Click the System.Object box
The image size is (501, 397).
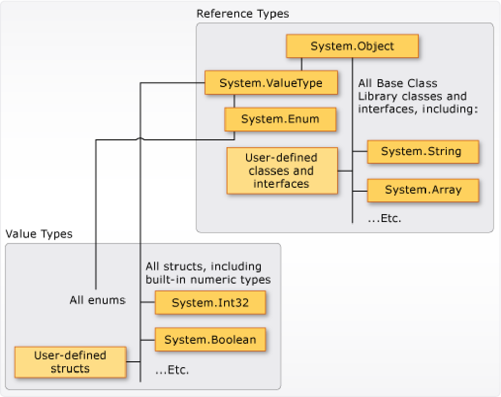(x=352, y=46)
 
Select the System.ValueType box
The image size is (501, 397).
(x=271, y=83)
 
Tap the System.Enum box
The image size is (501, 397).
(x=280, y=119)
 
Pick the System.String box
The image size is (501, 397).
(x=423, y=151)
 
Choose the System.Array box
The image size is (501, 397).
(x=423, y=189)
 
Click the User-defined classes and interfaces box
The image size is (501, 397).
(x=282, y=171)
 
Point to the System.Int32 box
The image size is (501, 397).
(x=210, y=303)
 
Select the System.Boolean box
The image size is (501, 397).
(x=210, y=339)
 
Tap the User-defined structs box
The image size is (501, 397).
(x=70, y=362)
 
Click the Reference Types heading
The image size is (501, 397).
(x=243, y=14)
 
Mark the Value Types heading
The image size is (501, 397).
(x=39, y=234)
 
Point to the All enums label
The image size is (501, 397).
(x=97, y=300)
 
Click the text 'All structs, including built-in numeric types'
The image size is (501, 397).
(x=208, y=273)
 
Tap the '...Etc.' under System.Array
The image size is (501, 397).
(x=385, y=218)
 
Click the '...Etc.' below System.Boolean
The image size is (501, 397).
(x=172, y=370)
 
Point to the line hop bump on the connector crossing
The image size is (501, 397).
(x=141, y=139)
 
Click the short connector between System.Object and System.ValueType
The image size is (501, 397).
(x=301, y=65)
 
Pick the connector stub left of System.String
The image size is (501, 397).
(x=360, y=151)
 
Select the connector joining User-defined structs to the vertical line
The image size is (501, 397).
(x=134, y=362)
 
